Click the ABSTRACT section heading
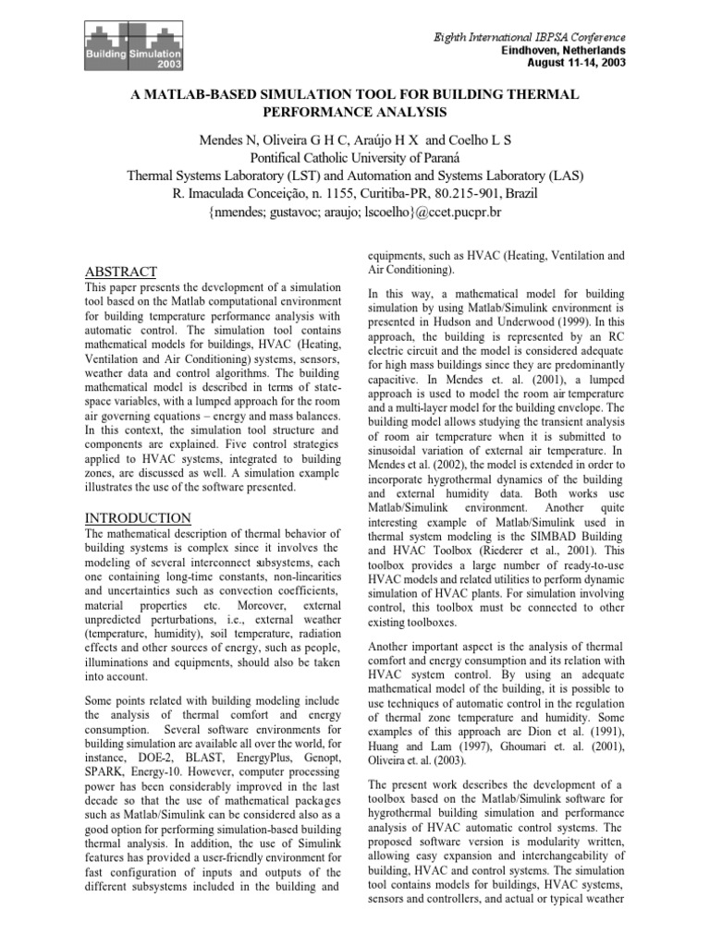coord(120,272)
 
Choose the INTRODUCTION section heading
coord(138,517)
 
